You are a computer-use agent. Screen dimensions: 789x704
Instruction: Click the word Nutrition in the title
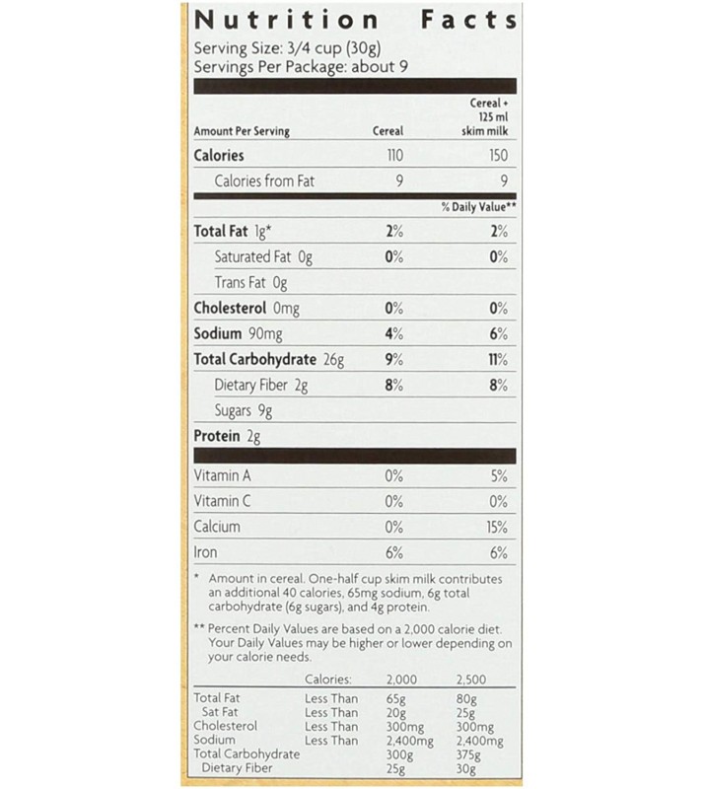tap(286, 20)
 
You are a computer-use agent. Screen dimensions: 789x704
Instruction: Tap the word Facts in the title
tap(468, 20)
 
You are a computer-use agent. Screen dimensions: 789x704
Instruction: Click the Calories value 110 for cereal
tap(393, 155)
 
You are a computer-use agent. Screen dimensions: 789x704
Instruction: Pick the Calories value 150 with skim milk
tap(497, 155)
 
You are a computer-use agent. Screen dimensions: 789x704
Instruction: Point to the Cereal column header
tap(388, 131)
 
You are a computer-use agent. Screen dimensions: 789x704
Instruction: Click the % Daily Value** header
tap(478, 208)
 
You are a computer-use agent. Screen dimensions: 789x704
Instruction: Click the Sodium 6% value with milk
tap(498, 334)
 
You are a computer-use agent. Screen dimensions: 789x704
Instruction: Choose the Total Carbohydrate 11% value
tap(497, 360)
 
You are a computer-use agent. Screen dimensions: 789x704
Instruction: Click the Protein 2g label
tap(227, 437)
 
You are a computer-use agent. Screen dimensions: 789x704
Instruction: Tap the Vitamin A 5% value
tap(498, 475)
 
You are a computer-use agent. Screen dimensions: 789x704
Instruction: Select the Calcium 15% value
tap(496, 527)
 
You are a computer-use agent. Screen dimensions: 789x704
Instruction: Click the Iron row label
tap(205, 552)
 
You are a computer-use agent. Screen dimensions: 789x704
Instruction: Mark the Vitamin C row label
tap(222, 501)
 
